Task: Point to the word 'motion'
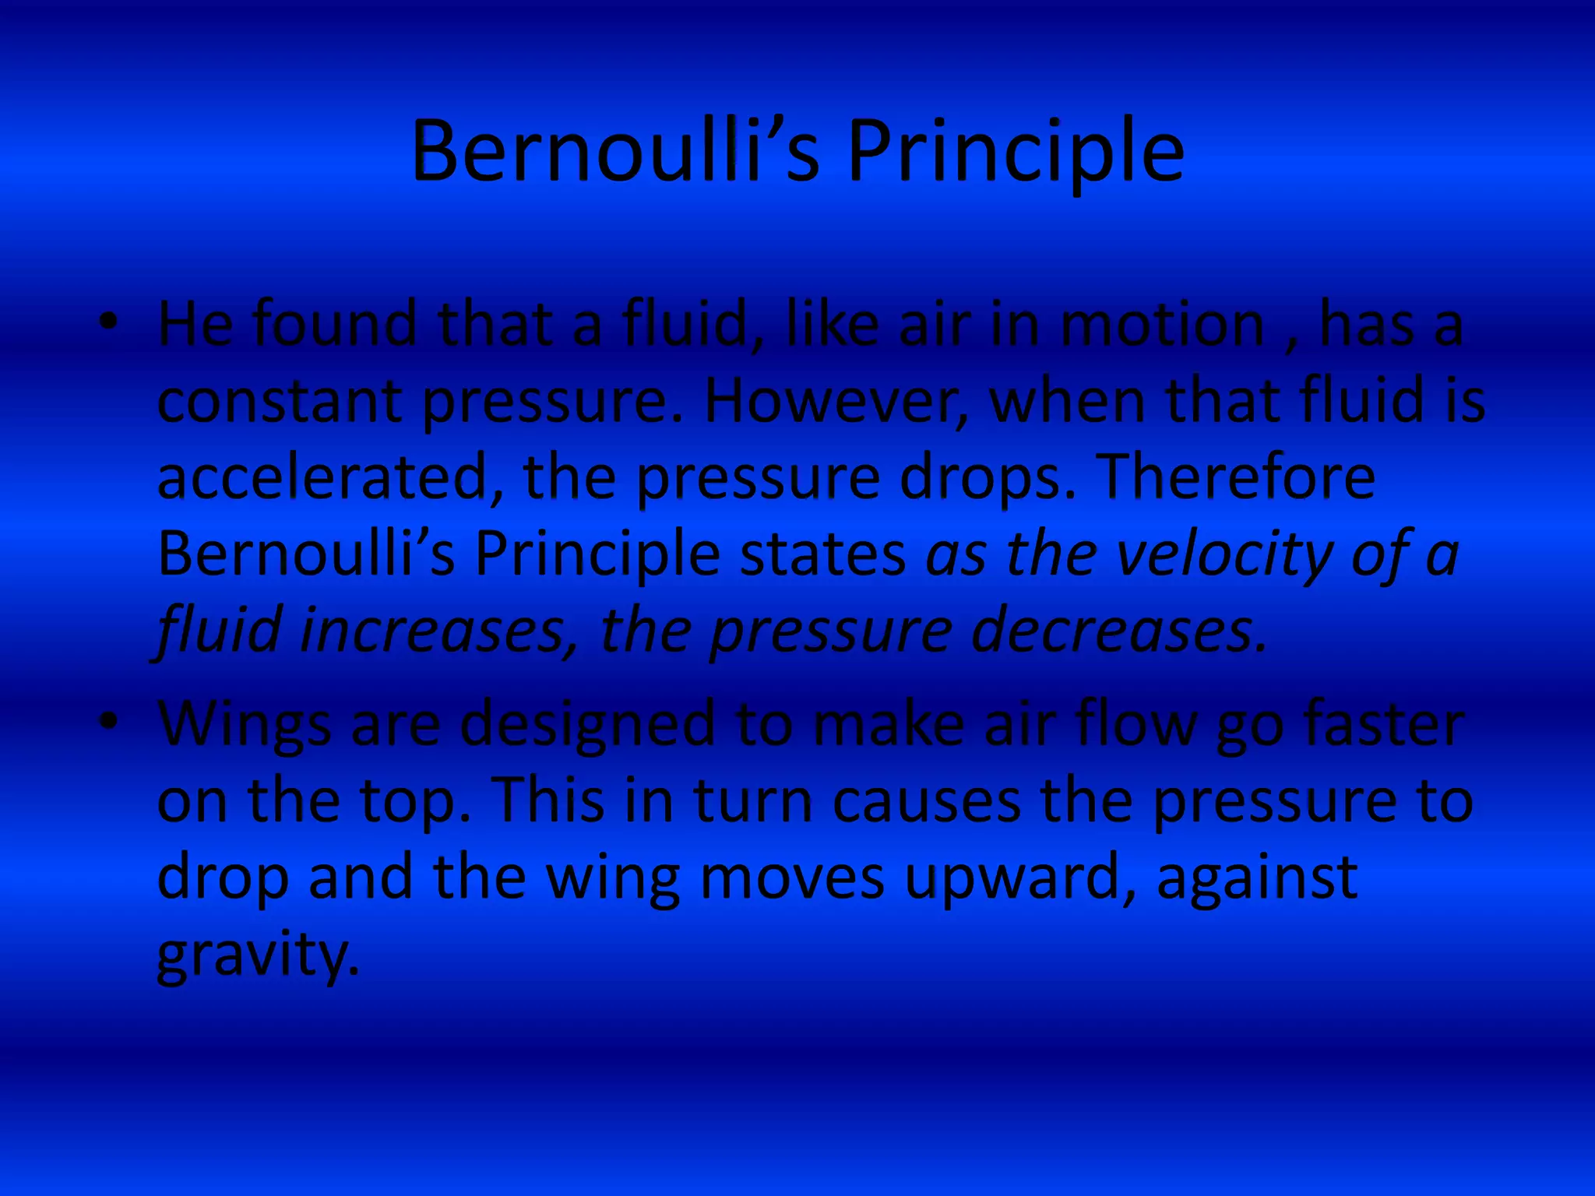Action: coord(1163,325)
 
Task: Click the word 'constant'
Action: coord(280,402)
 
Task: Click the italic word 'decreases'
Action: coord(1118,631)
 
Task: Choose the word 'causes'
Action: coord(927,802)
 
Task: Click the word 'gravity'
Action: coord(258,956)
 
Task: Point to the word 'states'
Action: coord(822,554)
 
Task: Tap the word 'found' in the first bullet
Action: coord(335,325)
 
